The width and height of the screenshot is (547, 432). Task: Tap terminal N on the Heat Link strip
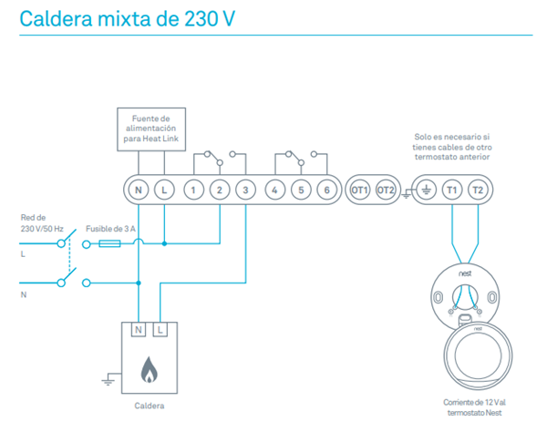pyautogui.click(x=137, y=190)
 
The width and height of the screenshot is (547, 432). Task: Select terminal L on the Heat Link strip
pyautogui.click(x=163, y=190)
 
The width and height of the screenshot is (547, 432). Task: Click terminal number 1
pyautogui.click(x=193, y=190)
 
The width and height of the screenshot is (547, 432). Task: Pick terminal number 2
pyautogui.click(x=220, y=190)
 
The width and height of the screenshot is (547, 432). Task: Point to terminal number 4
pyautogui.click(x=275, y=190)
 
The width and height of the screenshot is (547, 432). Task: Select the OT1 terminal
pyautogui.click(x=359, y=190)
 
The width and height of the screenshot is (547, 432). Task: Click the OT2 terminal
pyautogui.click(x=386, y=190)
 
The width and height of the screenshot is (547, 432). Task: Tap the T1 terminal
pyautogui.click(x=452, y=190)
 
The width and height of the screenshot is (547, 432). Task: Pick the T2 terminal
pyautogui.click(x=478, y=190)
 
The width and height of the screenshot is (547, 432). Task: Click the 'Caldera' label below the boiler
pyautogui.click(x=150, y=405)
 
